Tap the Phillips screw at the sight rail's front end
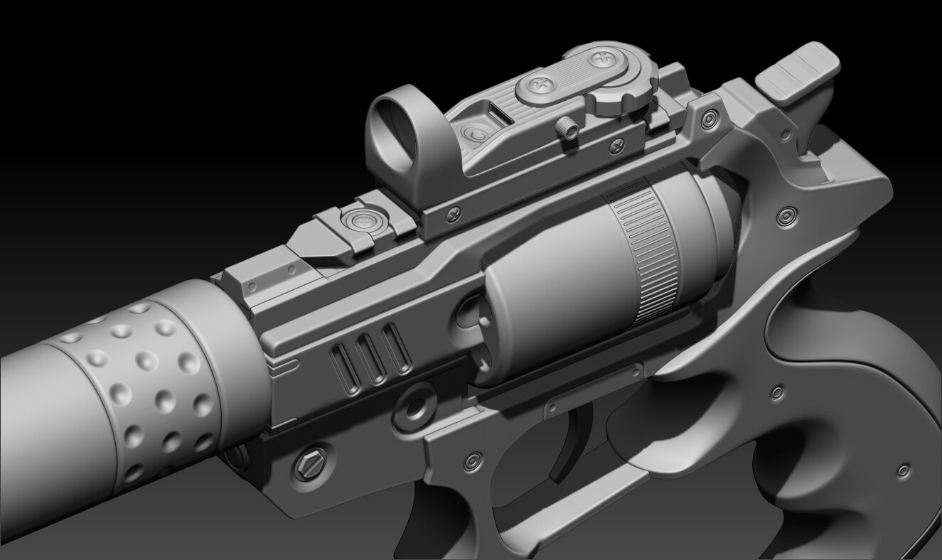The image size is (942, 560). tap(453, 210)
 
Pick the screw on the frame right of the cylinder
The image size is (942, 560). tap(784, 215)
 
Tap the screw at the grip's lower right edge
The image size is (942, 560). tap(904, 470)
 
